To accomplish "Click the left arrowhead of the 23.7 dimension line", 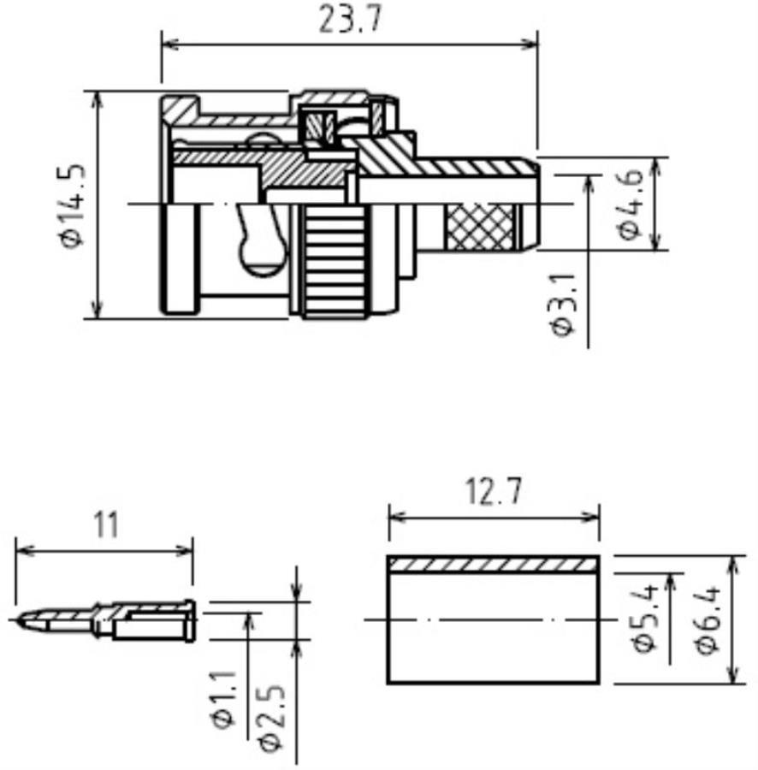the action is (169, 44).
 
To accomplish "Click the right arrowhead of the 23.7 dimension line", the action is (530, 44).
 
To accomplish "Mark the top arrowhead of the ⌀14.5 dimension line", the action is (98, 99).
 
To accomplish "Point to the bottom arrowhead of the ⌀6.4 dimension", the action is (733, 674).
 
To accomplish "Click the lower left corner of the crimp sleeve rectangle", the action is (388, 683).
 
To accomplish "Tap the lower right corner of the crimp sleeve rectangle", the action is (599, 683).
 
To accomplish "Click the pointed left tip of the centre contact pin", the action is (16, 620).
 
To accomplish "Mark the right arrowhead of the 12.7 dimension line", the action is (591, 517).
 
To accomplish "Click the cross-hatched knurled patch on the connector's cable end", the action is (479, 227).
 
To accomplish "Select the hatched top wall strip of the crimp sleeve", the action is (494, 565).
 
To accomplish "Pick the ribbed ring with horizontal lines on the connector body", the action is (335, 261).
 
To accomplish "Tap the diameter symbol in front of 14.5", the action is (73, 238).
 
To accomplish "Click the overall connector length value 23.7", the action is (350, 19).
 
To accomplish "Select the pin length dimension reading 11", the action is (105, 524).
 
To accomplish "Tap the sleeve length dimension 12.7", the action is (494, 491).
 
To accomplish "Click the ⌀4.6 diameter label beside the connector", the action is (630, 204).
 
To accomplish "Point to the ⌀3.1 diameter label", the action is (562, 305).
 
